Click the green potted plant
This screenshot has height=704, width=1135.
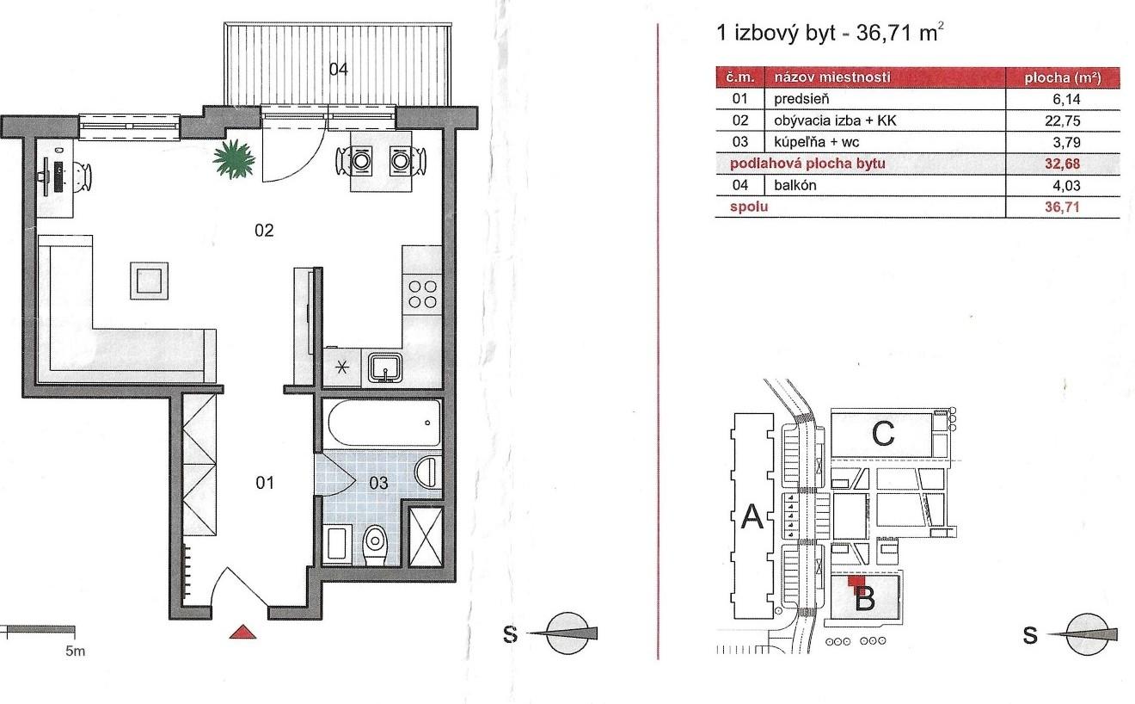coord(234,158)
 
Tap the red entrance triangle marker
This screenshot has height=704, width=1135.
coord(242,632)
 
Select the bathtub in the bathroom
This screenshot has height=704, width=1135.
coord(383,423)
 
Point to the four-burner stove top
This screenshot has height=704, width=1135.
coord(422,294)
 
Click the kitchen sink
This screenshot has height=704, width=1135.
coord(385,367)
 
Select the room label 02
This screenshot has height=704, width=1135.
coord(264,231)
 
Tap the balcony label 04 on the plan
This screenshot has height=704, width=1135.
coord(339,69)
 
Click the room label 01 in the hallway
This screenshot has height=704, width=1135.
coord(265,483)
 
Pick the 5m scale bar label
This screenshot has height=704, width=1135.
coord(75,651)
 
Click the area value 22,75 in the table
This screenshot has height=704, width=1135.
coord(1063,120)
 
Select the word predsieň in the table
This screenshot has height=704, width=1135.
coord(801,99)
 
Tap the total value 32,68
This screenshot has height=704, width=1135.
coord(1063,164)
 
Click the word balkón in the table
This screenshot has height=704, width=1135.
coord(795,185)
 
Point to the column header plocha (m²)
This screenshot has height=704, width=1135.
coord(1063,77)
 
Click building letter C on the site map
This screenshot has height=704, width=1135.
coord(883,434)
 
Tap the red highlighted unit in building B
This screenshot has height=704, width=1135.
coord(856,584)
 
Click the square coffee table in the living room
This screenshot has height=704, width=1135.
coord(150,281)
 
